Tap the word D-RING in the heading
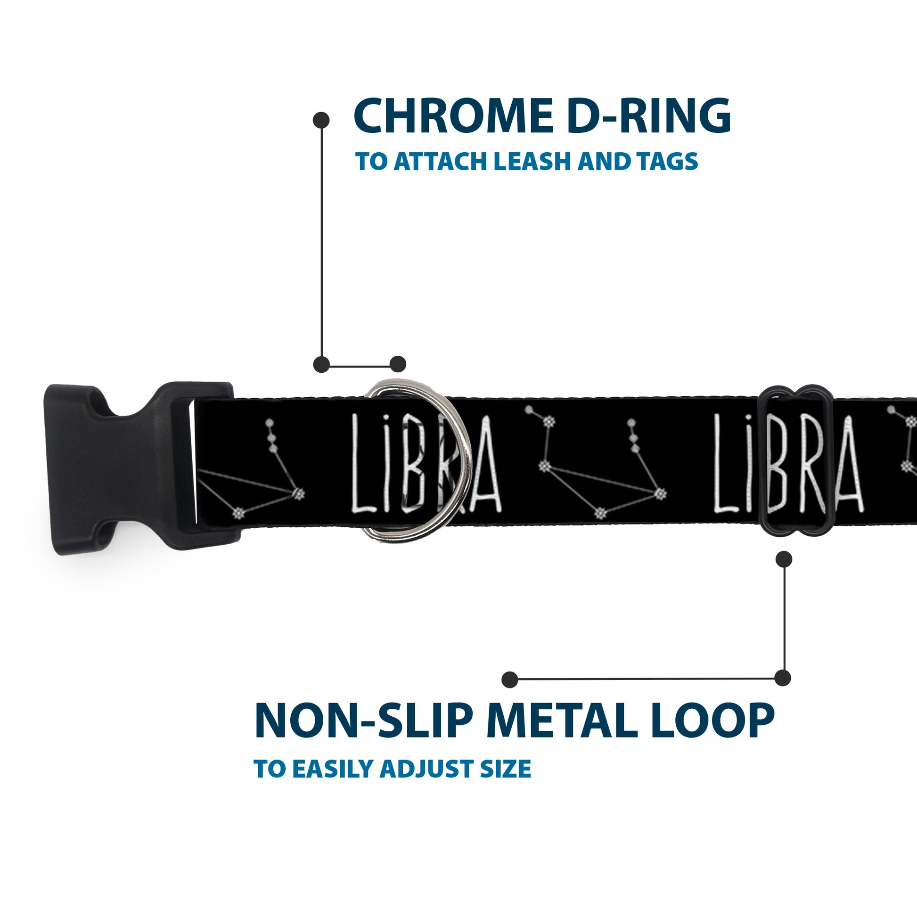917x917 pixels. pos(648,116)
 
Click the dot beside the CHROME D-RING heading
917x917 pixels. pos(321,120)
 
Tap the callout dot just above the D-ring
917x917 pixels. pos(398,364)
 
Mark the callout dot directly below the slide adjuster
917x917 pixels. pos(784,559)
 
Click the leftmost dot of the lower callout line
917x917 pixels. pos(509,679)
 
